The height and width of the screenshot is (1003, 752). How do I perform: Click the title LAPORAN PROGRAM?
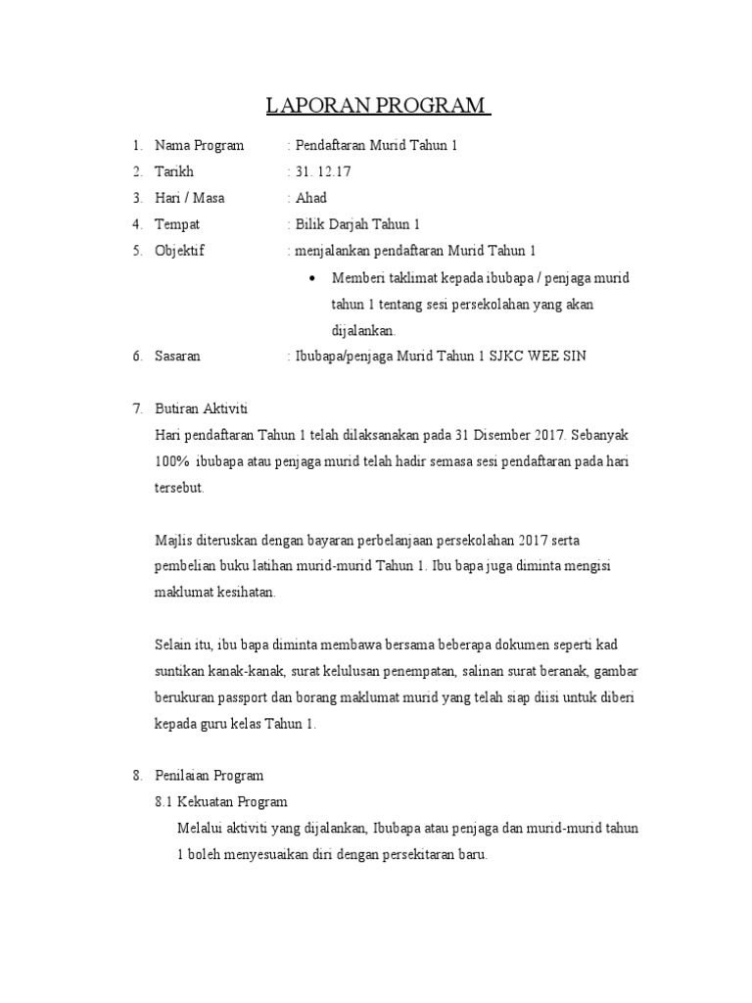pos(377,106)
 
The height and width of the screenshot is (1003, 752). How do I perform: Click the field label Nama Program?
pos(199,146)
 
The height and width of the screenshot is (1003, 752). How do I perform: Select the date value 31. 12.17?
pos(323,171)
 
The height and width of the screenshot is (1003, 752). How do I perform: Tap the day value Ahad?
pos(311,198)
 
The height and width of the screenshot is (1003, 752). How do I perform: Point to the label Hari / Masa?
pos(189,198)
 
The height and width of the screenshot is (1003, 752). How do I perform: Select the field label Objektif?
pos(179,251)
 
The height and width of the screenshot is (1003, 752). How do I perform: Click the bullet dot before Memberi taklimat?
pos(311,278)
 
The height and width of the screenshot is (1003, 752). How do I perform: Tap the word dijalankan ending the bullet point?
pos(364,331)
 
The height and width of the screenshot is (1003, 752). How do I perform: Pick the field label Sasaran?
pos(177,357)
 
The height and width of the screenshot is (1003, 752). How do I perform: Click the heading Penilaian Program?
pos(209,776)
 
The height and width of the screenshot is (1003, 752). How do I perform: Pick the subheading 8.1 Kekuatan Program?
pos(221,801)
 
